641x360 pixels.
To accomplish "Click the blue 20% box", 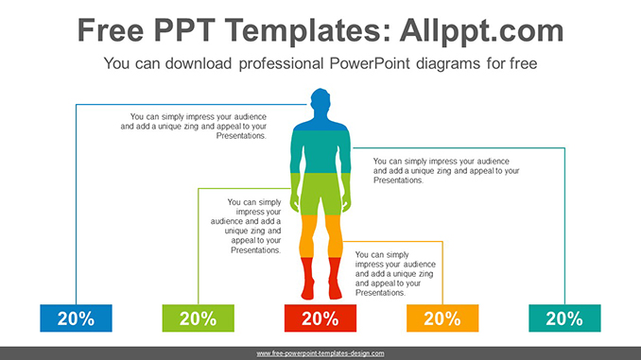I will [76, 318].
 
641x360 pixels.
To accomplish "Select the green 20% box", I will [198, 318].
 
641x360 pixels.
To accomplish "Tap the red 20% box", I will [320, 318].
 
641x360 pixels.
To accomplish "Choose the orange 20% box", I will [442, 318].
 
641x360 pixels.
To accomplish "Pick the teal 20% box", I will [564, 318].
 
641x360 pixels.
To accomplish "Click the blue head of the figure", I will [320, 102].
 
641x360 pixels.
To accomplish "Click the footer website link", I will [320, 352].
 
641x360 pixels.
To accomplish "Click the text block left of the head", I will [194, 126].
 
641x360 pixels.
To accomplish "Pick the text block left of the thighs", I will [248, 226].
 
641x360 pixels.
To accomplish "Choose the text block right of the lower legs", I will [396, 273].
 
